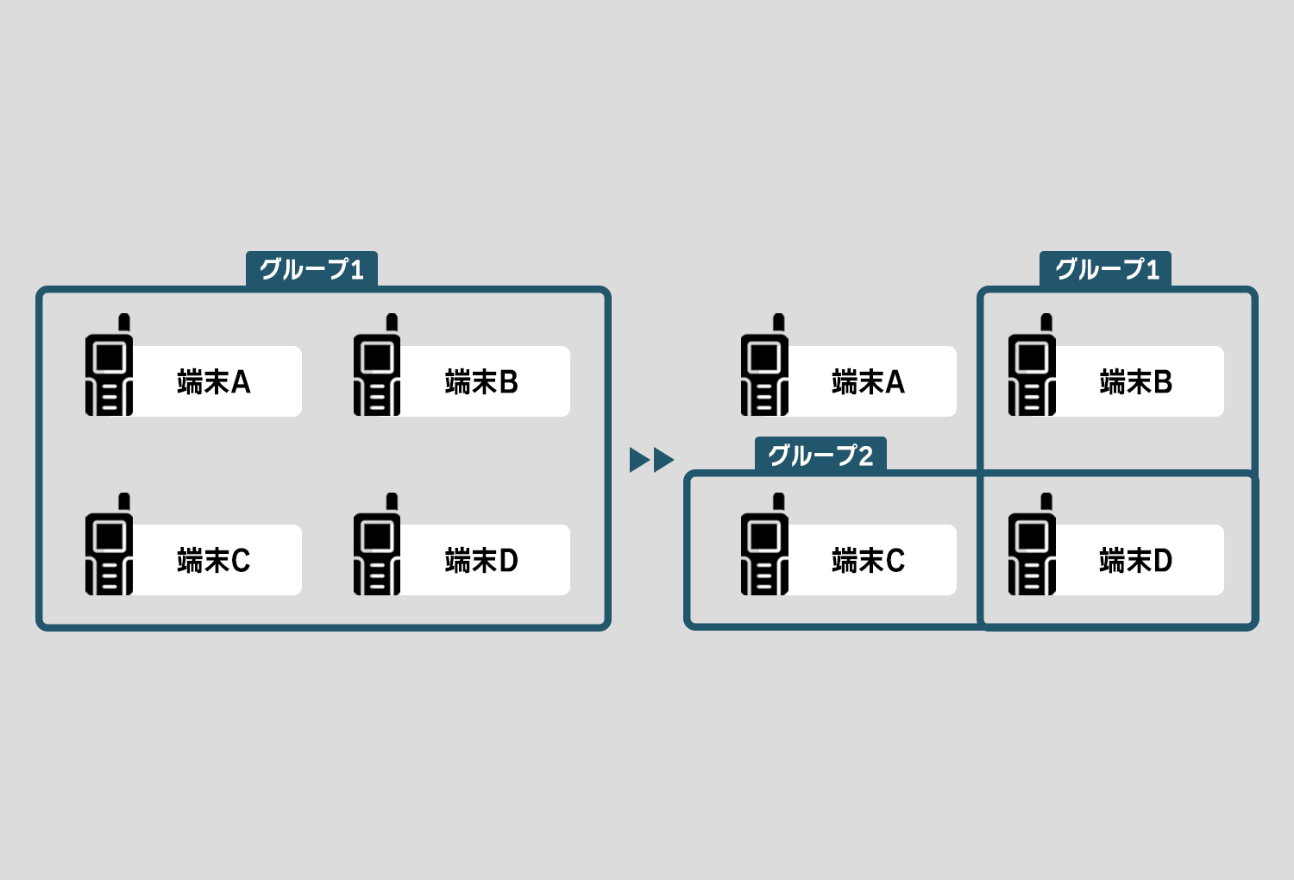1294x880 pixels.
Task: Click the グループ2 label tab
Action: point(820,455)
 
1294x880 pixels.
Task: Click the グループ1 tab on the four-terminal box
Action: point(311,269)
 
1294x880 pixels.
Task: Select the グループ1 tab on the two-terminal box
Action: point(1106,269)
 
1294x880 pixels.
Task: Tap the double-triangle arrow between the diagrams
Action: point(651,460)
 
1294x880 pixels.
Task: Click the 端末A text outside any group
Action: point(868,381)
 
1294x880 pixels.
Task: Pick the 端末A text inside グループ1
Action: point(213,381)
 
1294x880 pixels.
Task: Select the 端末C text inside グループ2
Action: point(868,561)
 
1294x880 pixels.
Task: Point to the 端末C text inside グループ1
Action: point(213,561)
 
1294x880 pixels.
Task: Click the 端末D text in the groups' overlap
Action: point(1135,561)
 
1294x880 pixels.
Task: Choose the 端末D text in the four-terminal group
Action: point(481,561)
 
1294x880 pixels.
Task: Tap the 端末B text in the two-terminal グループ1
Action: point(1135,381)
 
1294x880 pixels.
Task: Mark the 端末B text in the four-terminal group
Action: point(481,381)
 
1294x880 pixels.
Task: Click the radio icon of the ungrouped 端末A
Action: point(764,366)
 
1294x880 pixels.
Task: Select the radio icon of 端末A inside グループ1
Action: point(110,366)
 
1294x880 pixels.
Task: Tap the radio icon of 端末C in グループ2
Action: point(764,545)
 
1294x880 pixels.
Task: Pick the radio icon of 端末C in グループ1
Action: point(110,545)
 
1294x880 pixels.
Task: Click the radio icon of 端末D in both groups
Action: point(1032,545)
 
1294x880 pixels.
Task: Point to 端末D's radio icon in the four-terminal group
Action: point(377,545)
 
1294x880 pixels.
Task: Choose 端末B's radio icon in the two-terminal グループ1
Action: point(1032,366)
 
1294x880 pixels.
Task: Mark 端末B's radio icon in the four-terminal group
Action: point(377,366)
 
